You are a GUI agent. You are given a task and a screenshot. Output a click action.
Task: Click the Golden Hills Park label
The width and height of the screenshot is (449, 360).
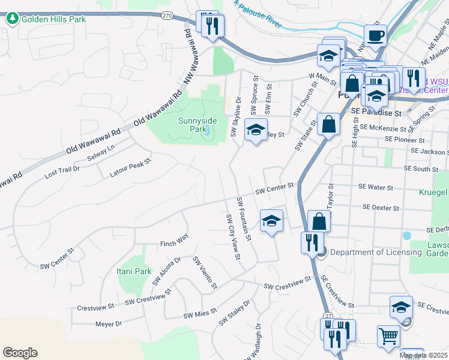(53, 19)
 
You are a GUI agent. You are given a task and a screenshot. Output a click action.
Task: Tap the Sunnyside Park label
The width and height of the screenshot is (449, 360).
(197, 125)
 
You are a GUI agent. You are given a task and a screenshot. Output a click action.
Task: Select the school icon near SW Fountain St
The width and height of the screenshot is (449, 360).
(271, 221)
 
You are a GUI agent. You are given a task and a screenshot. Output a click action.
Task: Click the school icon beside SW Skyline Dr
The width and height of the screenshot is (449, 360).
(256, 130)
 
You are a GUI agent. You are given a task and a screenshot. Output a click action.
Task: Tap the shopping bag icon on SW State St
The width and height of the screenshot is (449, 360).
(329, 124)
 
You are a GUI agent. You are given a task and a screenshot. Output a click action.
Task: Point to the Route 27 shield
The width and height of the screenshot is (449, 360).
(328, 316)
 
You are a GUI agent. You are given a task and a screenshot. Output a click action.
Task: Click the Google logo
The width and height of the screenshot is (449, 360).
(20, 353)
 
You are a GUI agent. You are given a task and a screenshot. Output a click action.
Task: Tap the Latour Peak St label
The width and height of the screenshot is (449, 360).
(130, 168)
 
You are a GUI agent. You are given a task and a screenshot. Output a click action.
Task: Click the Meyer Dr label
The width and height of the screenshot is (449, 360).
(109, 324)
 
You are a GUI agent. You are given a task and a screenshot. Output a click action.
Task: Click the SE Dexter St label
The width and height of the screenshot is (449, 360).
(381, 208)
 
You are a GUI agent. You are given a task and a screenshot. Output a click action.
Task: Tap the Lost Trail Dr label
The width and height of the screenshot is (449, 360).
(62, 173)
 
